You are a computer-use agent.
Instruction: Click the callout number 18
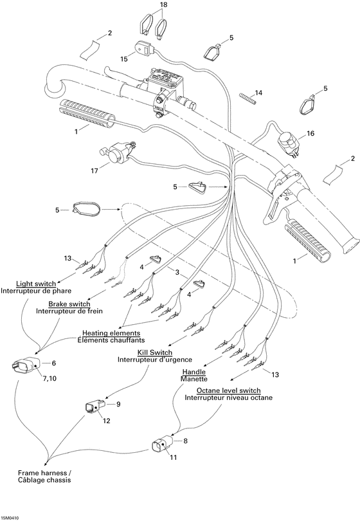coord(163,5)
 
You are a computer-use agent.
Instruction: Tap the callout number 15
coord(124,59)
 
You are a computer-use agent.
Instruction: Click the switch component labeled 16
coord(287,142)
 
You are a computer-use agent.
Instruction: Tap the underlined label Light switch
coord(35,283)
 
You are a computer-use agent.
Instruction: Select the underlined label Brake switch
coord(69,304)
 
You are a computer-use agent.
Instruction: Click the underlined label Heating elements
coord(113,333)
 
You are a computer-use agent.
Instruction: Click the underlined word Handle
coord(194,372)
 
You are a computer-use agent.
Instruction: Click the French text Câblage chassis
coord(44,480)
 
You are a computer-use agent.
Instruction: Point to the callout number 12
coord(107,421)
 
